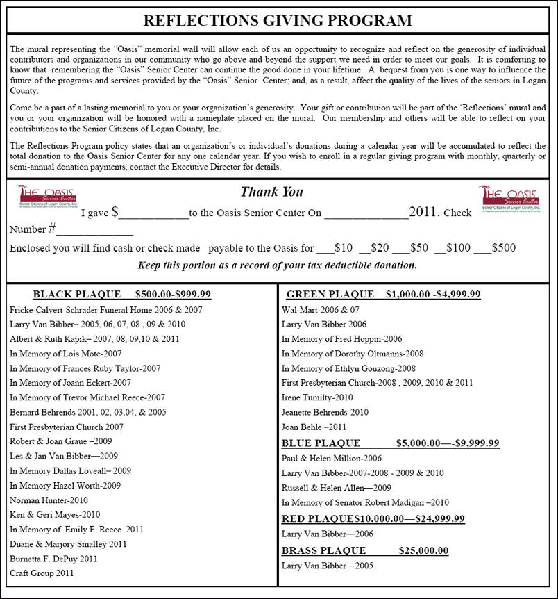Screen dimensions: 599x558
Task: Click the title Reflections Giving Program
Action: (x=278, y=20)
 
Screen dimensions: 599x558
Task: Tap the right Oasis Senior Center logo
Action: (x=509, y=197)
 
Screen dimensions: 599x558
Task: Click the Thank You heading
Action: (x=271, y=192)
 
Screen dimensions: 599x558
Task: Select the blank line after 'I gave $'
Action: (x=153, y=214)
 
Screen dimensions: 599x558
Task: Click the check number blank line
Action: (x=95, y=230)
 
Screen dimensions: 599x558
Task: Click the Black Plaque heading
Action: (x=121, y=294)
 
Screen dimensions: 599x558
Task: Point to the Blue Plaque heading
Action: (x=390, y=443)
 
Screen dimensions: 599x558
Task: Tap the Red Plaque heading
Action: (x=373, y=518)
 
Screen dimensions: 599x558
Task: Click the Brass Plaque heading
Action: (x=364, y=550)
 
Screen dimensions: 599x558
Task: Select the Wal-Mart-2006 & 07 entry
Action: (x=321, y=309)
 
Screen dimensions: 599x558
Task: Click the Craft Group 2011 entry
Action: (x=42, y=573)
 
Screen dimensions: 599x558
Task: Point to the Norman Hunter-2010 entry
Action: (x=49, y=500)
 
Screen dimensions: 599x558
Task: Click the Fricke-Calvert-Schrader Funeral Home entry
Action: (x=106, y=309)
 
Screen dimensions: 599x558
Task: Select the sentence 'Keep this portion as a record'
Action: (x=278, y=265)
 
